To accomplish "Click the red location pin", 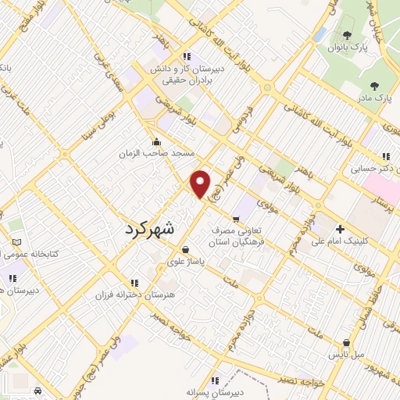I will tap(202, 183).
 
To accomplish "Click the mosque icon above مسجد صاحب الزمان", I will tap(159, 141).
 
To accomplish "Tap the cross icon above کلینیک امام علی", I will tap(340, 229).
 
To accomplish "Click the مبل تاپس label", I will tap(346, 354).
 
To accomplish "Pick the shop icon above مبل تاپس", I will tap(346, 342).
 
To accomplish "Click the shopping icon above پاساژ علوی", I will tap(185, 250).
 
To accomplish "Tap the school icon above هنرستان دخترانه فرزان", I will tap(134, 283).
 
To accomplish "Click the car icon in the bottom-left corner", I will tap(38, 391).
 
